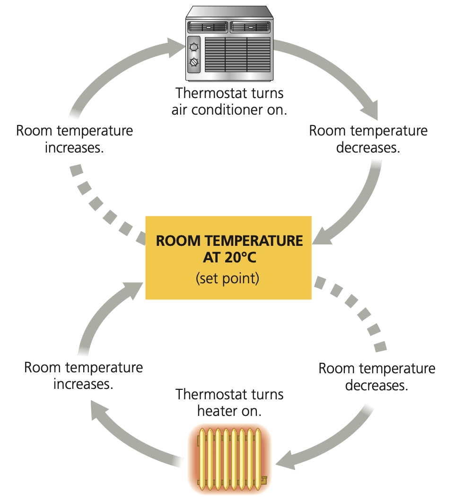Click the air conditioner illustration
click(229, 44)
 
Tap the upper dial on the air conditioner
click(194, 47)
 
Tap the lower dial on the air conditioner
click(194, 62)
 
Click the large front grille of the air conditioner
click(237, 54)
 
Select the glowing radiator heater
click(230, 459)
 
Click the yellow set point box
click(228, 258)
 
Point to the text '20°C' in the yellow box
click(240, 258)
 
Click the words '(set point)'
click(227, 279)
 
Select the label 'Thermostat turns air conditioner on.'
click(229, 101)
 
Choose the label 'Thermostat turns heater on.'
click(229, 403)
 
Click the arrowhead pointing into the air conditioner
click(176, 47)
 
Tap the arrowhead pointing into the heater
click(285, 461)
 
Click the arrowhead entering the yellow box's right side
click(322, 236)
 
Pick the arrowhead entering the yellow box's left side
click(133, 290)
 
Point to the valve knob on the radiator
click(264, 480)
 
